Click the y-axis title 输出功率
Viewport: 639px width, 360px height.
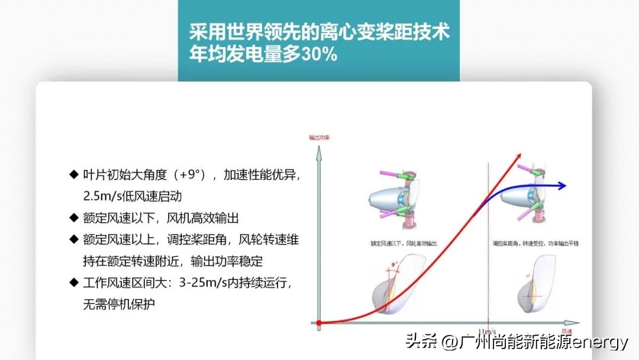point(319,137)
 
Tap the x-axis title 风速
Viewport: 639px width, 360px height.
point(566,331)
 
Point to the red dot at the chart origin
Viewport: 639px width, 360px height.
point(319,323)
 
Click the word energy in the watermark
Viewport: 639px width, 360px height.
point(601,342)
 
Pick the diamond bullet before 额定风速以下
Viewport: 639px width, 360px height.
point(73,218)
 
